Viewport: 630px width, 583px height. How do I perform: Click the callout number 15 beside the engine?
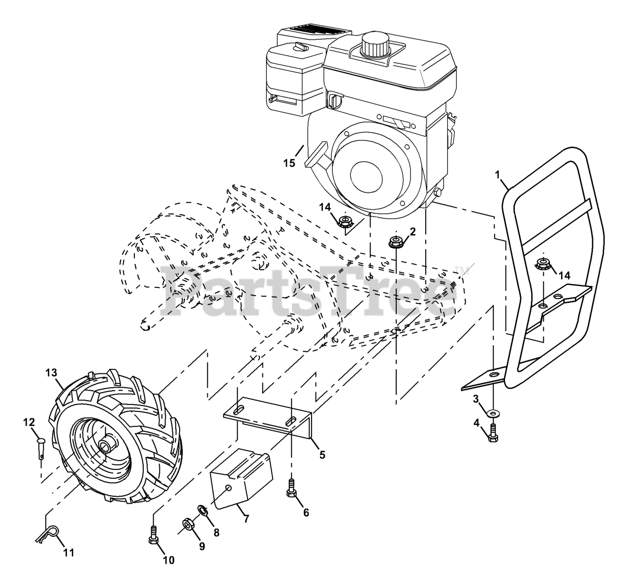(x=289, y=163)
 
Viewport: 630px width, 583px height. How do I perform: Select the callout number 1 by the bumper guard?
(x=498, y=174)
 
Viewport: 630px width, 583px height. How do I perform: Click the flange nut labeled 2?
(x=395, y=242)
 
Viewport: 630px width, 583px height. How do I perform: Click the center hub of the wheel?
(x=105, y=446)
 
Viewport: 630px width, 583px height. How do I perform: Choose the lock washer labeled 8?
(x=202, y=510)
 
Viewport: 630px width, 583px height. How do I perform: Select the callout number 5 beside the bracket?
(x=322, y=455)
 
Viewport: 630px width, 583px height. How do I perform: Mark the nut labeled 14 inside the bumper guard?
(x=543, y=264)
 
